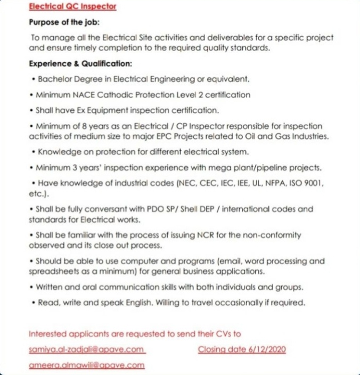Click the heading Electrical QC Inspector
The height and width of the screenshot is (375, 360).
(x=72, y=7)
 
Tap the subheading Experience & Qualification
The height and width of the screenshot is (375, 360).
(x=80, y=63)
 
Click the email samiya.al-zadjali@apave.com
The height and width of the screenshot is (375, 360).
(x=87, y=349)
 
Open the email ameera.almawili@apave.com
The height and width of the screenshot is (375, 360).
(x=86, y=365)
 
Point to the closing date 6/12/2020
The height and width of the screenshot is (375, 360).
(x=242, y=349)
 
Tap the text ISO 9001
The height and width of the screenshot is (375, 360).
(x=306, y=182)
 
